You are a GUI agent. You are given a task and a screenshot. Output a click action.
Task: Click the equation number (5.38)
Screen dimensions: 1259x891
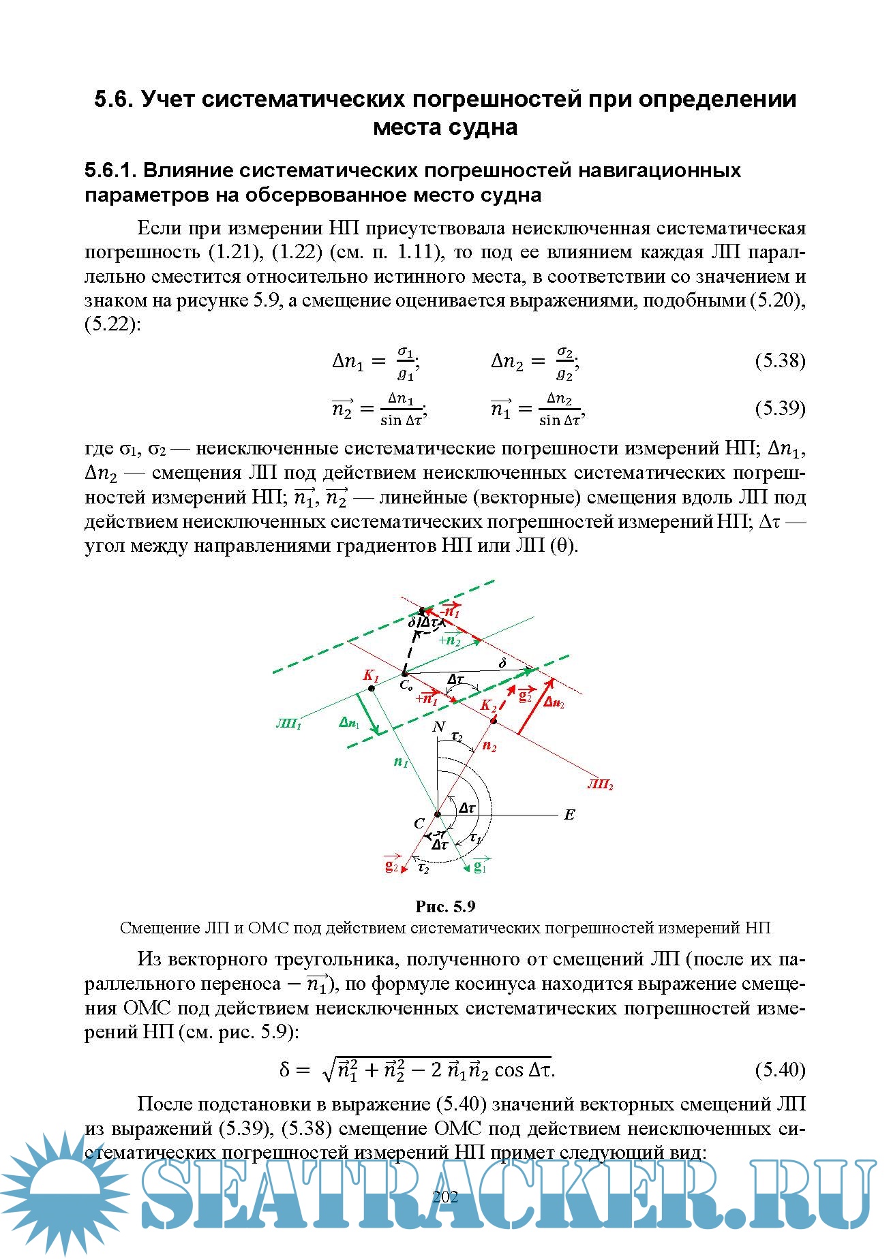(780, 360)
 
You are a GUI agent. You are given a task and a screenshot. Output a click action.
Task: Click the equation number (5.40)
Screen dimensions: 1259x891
(780, 1070)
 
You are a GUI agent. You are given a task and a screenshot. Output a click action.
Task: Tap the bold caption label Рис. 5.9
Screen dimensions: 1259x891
(445, 906)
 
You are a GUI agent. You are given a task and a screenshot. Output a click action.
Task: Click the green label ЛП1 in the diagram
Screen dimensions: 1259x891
(288, 724)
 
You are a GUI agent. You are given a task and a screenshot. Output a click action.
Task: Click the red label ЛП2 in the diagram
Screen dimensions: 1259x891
(600, 785)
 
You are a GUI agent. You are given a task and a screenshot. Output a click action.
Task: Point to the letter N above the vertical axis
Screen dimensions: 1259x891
(439, 727)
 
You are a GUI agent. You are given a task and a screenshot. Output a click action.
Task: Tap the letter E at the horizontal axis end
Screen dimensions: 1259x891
(569, 815)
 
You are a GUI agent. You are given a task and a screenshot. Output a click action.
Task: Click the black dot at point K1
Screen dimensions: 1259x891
(372, 689)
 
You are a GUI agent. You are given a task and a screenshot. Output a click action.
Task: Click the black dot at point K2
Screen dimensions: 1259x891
(494, 720)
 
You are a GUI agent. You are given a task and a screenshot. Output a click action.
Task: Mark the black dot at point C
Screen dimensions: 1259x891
(438, 813)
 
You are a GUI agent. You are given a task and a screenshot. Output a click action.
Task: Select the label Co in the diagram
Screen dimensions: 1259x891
(406, 685)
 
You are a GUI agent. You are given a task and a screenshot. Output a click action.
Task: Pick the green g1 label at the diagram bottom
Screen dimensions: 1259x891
(480, 866)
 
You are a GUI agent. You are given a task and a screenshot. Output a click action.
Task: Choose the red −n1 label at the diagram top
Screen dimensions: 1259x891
(450, 611)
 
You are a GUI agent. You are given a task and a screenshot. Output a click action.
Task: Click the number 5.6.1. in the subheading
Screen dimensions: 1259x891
(109, 170)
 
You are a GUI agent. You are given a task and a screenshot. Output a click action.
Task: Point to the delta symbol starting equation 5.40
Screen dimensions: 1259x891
(286, 1070)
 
